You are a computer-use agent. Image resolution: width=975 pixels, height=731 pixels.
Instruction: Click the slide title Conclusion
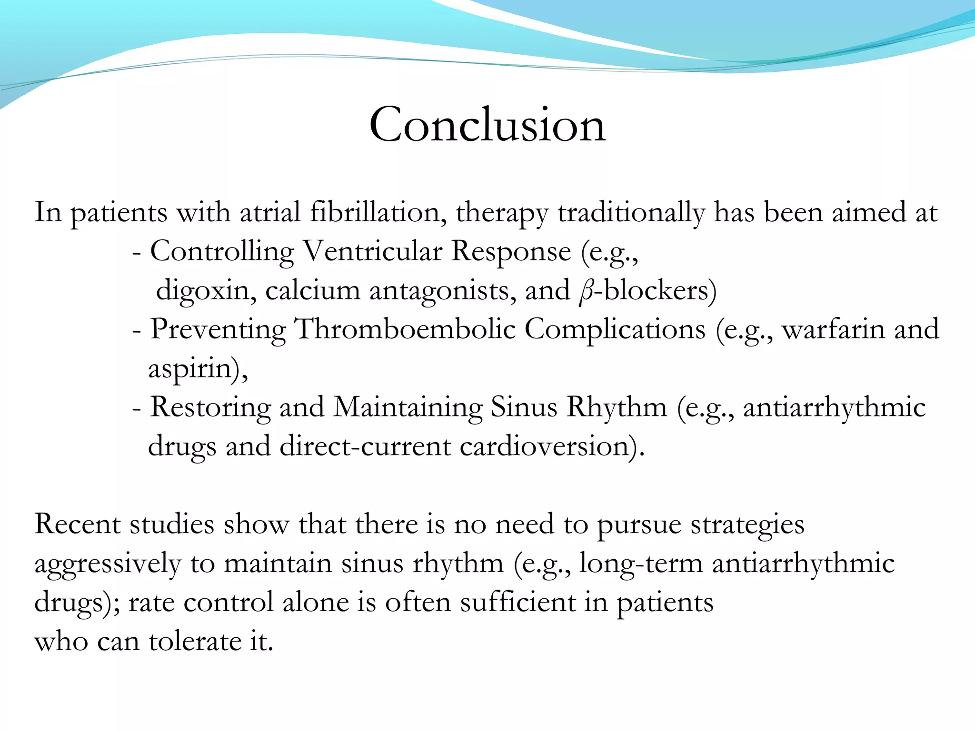pos(487,125)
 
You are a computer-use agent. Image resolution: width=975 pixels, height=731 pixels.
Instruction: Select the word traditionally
pos(631,212)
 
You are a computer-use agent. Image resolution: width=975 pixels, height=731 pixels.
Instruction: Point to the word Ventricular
pos(372,251)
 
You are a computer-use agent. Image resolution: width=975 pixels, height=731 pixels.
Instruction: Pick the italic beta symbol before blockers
pos(586,291)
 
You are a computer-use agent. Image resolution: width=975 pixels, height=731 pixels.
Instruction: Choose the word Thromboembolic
pos(405,329)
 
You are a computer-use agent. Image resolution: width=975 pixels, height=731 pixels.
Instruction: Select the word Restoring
pos(210,408)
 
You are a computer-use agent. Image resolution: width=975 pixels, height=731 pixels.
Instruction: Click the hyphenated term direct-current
pos(365,447)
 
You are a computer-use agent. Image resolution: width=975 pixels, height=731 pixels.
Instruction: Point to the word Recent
pos(77,524)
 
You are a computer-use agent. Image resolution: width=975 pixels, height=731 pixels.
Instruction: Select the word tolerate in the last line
pos(196,642)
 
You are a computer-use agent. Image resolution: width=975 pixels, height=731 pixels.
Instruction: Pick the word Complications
pos(615,329)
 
